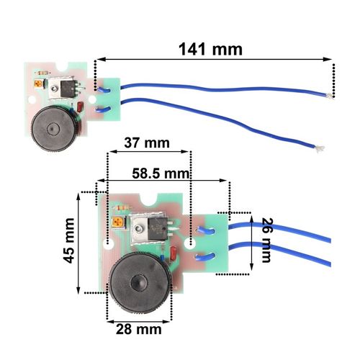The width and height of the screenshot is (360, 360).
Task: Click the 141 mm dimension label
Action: (210, 49)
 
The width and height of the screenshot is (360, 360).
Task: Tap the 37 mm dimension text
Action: (147, 143)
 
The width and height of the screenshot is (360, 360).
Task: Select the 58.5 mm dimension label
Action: (161, 174)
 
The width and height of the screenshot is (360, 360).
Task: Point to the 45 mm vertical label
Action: (69, 240)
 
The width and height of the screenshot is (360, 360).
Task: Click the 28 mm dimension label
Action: (138, 329)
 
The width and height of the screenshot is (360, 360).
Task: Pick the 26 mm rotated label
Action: (267, 240)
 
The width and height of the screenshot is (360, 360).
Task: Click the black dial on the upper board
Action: (54, 129)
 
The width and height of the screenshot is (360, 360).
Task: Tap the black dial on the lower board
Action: (140, 283)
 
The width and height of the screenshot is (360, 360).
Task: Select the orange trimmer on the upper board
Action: (39, 84)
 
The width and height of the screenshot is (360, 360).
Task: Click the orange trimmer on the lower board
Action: (119, 222)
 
